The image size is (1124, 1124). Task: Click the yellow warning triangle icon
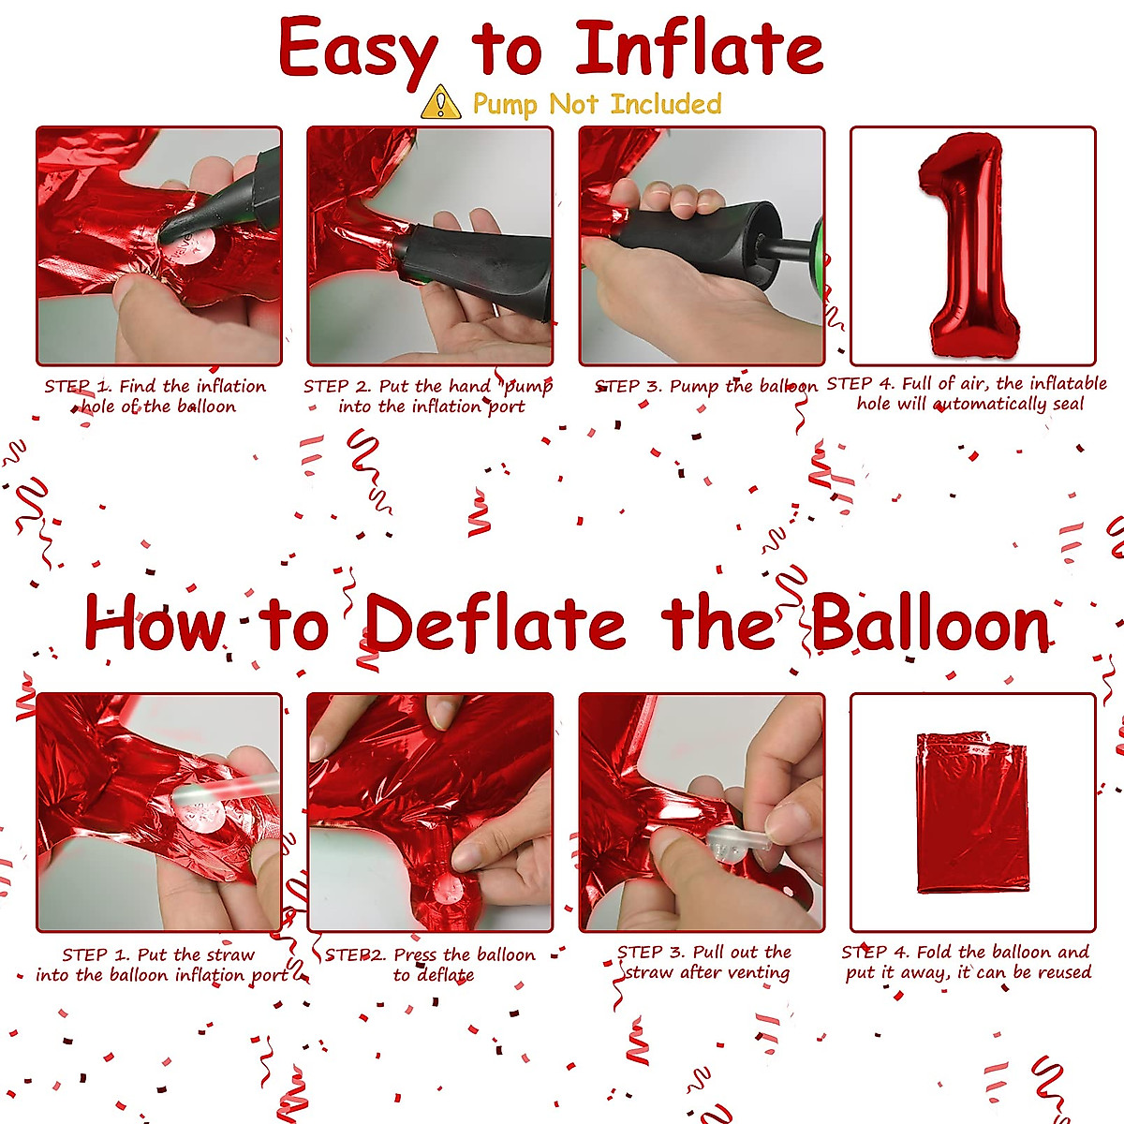click(x=441, y=103)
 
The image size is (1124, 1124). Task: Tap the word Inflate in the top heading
click(x=699, y=50)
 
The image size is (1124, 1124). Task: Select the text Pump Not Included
click(x=597, y=103)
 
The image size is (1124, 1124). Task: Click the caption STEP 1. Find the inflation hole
click(x=156, y=396)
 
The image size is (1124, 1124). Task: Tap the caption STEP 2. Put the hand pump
click(x=429, y=396)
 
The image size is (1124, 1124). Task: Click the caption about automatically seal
click(x=967, y=393)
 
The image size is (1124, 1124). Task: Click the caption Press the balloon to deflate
click(x=431, y=964)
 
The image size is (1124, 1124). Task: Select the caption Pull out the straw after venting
click(x=704, y=962)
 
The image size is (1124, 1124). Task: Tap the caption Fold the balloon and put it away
click(x=967, y=962)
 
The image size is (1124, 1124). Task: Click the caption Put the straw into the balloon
click(x=159, y=965)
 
